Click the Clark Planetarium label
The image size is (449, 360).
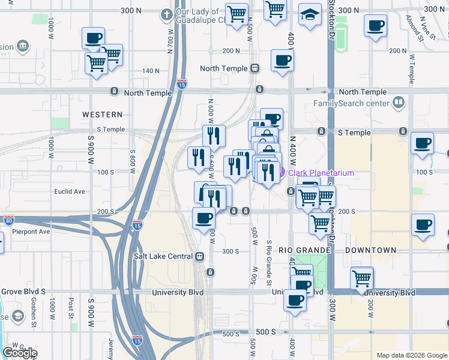[321, 173]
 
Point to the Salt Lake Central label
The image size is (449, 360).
[163, 256]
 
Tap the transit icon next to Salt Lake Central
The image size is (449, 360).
[199, 256]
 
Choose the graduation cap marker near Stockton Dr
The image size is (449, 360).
[309, 16]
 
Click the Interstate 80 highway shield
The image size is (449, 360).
[8, 220]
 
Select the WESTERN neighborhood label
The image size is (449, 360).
[102, 114]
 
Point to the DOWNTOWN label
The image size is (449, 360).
[370, 250]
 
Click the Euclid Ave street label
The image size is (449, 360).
[70, 191]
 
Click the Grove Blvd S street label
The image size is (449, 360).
[23, 293]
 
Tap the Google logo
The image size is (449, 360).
[20, 353]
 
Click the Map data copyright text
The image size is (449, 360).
[411, 355]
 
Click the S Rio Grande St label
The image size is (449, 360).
[270, 263]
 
